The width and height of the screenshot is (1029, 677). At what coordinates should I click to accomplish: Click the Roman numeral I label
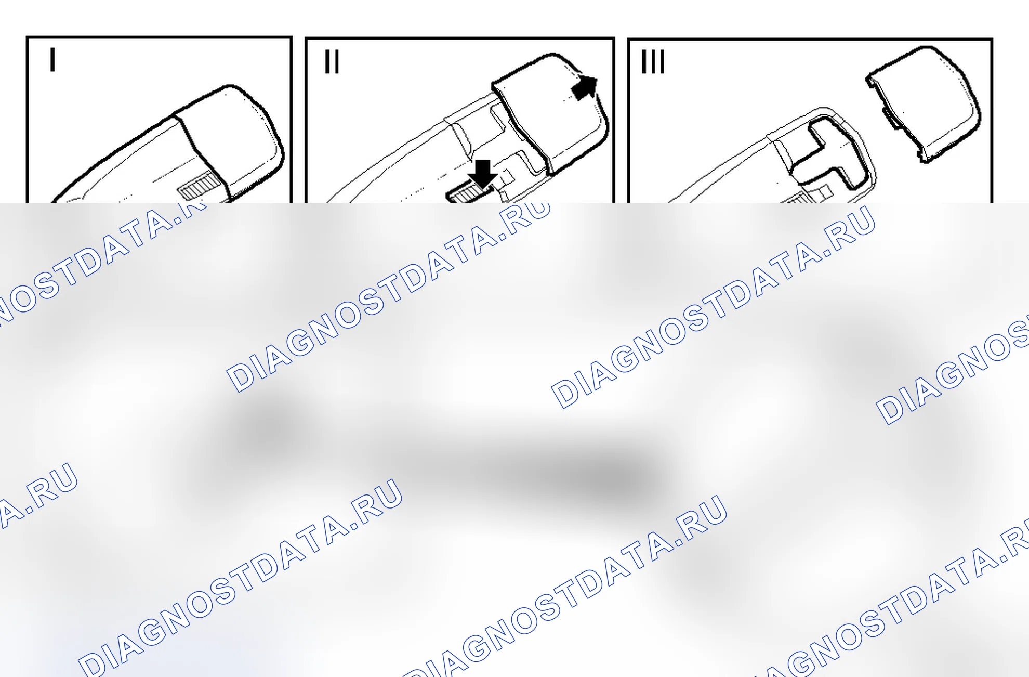52,59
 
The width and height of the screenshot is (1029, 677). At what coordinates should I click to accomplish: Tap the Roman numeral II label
332,61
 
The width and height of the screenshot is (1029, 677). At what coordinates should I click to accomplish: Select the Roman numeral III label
653,61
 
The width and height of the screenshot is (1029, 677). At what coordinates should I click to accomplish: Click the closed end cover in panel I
231,140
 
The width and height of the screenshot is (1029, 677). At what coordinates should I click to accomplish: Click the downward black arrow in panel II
483,174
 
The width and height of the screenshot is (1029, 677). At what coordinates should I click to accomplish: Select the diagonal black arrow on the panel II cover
585,87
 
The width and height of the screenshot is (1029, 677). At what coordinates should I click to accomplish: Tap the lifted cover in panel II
551,112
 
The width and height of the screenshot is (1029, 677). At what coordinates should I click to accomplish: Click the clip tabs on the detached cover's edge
890,117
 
